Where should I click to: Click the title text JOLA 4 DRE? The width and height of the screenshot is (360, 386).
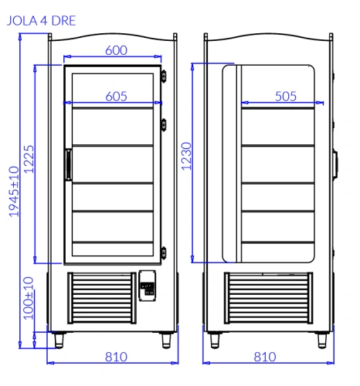point(41,21)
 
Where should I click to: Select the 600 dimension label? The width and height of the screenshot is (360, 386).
point(116,50)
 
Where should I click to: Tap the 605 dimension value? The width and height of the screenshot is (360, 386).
point(116,96)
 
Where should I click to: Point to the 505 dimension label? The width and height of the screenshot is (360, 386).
point(286,96)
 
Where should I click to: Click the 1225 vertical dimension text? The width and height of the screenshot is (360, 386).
point(29,159)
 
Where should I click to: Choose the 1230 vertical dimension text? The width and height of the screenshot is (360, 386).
point(186,156)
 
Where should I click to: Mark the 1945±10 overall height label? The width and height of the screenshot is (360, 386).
point(14,191)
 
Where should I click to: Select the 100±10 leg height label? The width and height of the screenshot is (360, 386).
point(29,298)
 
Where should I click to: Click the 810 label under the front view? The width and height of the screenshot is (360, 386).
point(116,357)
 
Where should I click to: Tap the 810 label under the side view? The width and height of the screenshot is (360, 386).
point(265,357)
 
